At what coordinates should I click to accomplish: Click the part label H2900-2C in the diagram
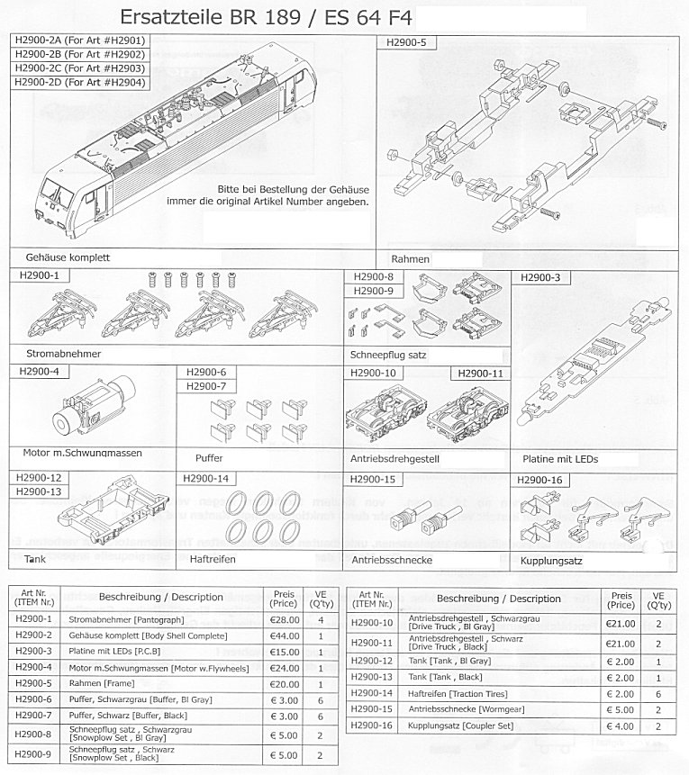click(x=79, y=68)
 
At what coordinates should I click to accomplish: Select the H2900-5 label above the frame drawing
click(x=405, y=41)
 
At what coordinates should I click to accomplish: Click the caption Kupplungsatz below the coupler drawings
click(x=553, y=560)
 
